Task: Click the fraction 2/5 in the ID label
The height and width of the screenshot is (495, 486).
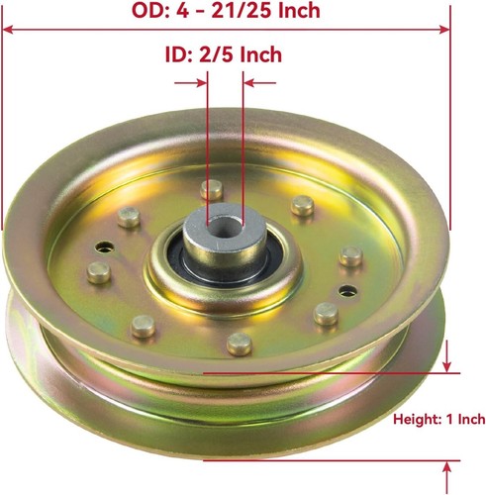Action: click(x=215, y=55)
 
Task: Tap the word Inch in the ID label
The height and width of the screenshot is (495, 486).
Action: click(x=262, y=55)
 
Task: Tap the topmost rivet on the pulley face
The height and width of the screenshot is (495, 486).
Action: click(x=209, y=188)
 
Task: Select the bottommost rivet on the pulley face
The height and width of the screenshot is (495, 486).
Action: click(x=237, y=343)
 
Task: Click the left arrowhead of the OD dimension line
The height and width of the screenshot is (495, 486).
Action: click(x=8, y=31)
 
